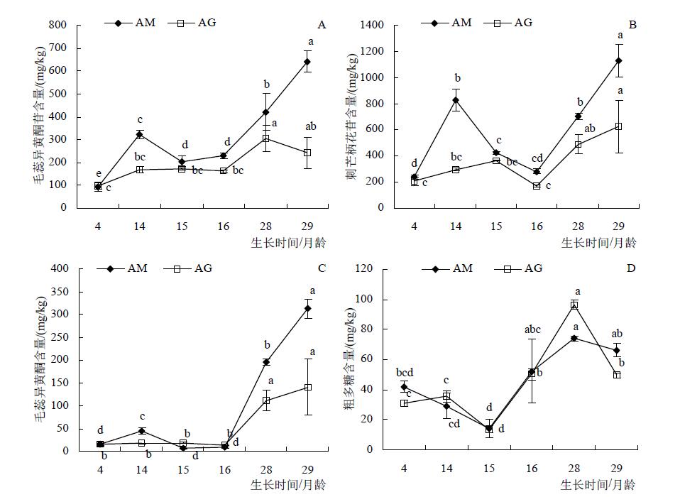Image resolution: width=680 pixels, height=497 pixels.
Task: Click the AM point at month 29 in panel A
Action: click(307, 62)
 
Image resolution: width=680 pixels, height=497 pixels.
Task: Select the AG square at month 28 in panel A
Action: click(266, 138)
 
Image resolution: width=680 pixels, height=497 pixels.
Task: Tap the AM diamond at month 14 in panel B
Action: click(455, 100)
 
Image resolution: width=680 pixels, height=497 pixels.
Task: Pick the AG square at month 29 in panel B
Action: click(618, 126)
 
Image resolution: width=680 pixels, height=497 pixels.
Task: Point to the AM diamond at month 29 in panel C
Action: click(307, 308)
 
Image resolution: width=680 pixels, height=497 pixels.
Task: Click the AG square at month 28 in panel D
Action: click(574, 305)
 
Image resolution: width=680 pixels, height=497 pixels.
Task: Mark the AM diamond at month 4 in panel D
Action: click(404, 387)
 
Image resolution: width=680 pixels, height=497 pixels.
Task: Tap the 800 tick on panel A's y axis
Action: click(58, 26)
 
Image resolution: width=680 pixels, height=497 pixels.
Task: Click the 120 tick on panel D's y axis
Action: click(374, 269)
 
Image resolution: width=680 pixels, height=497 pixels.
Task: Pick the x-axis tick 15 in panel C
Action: click(182, 469)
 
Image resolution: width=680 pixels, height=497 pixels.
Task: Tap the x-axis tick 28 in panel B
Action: click(577, 226)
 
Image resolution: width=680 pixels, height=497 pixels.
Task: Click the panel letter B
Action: click(632, 26)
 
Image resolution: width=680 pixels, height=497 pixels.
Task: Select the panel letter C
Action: click(322, 268)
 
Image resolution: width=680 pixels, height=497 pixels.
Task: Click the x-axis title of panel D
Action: click(598, 485)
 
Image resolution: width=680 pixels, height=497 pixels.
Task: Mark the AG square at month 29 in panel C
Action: click(307, 387)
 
